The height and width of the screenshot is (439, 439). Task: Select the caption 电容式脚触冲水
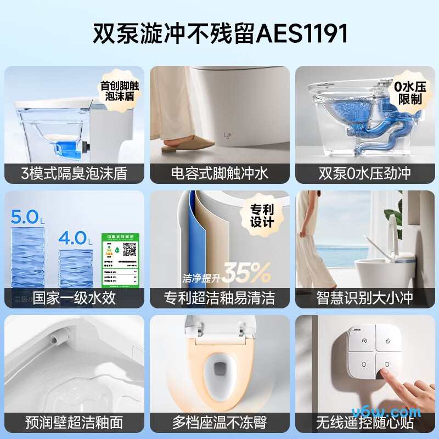click(x=219, y=173)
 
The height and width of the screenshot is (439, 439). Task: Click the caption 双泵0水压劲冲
click(x=365, y=173)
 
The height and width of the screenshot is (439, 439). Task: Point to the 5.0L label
click(x=26, y=216)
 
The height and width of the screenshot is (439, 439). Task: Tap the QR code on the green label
click(x=129, y=250)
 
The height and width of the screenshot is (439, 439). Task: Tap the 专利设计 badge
click(x=262, y=216)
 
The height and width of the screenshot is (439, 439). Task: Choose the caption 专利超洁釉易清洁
click(x=219, y=298)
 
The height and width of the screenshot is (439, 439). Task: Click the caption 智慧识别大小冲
click(x=365, y=298)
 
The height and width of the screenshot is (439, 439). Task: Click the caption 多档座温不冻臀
click(x=219, y=423)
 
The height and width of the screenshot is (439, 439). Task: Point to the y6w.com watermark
click(x=399, y=412)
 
